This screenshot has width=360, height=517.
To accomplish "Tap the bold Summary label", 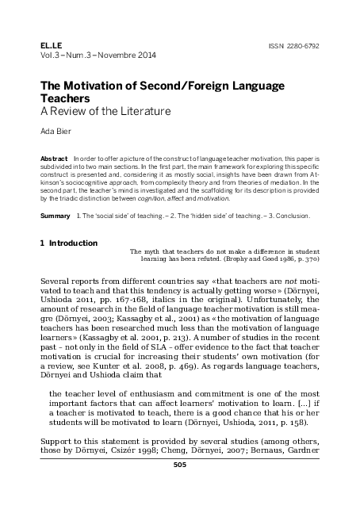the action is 55,216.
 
